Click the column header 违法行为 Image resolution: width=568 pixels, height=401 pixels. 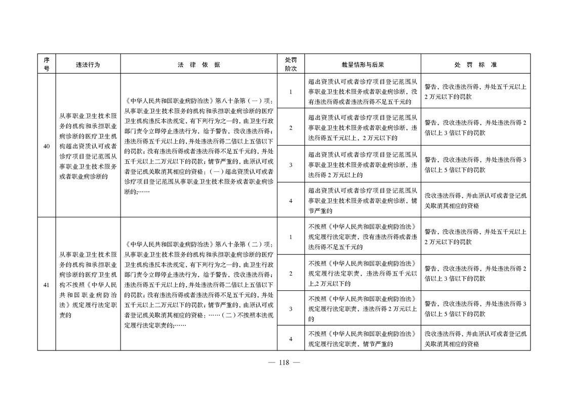(88, 65)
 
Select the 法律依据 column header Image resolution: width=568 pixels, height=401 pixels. (198, 65)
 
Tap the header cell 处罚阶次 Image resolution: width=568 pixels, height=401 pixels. (291, 64)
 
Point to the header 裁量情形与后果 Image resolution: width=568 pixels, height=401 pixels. (362, 65)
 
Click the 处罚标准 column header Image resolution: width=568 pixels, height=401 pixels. (475, 65)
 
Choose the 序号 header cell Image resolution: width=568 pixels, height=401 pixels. (46, 64)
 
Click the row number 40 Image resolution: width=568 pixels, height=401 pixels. (46, 147)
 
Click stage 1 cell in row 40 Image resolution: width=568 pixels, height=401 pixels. (291, 92)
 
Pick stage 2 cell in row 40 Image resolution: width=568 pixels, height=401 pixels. (291, 127)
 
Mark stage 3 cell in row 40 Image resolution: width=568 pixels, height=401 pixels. (291, 164)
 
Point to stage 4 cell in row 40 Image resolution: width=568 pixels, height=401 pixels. (291, 200)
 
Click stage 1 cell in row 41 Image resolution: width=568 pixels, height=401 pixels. (291, 237)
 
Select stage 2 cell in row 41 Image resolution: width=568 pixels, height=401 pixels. (291, 274)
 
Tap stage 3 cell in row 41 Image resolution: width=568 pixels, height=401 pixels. (291, 308)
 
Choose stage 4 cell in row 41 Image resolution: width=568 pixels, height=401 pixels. (291, 339)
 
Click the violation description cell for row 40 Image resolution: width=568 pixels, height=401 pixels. (88, 147)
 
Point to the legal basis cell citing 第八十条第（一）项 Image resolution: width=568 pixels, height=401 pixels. (198, 147)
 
